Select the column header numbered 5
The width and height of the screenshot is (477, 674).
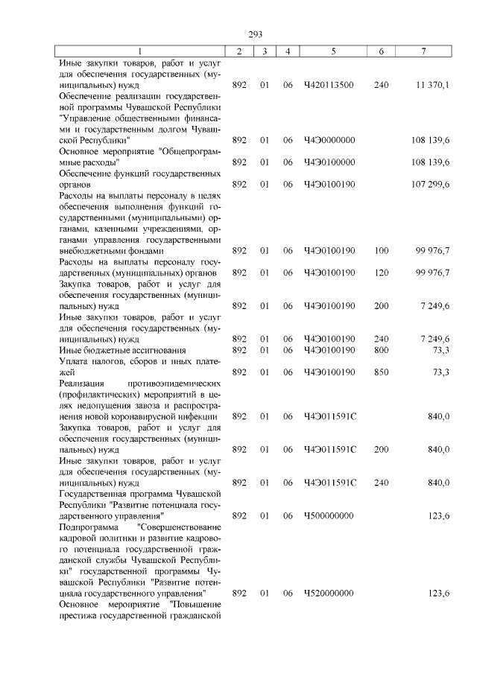pyautogui.click(x=333, y=51)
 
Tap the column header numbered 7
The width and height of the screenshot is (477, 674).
pyautogui.click(x=423, y=51)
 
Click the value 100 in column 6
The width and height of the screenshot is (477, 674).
pyautogui.click(x=382, y=251)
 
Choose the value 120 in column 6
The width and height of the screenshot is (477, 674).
pyautogui.click(x=382, y=273)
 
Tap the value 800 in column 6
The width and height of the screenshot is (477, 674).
pyautogui.click(x=382, y=350)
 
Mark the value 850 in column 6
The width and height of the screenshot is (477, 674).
pyautogui.click(x=382, y=372)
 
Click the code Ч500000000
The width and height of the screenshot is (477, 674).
pyautogui.click(x=329, y=515)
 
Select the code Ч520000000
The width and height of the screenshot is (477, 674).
pyautogui.click(x=329, y=593)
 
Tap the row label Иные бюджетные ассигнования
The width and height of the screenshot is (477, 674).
pyautogui.click(x=122, y=350)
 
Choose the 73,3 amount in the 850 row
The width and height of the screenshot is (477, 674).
pyautogui.click(x=440, y=372)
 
